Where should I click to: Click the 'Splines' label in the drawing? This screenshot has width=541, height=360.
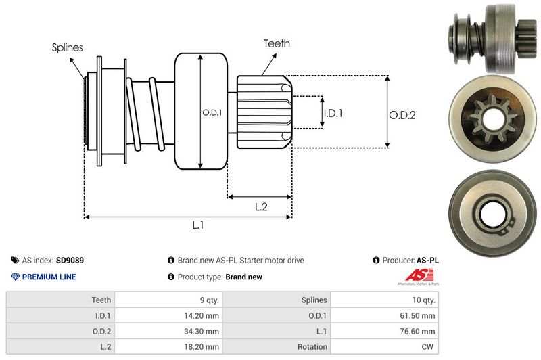[68, 47]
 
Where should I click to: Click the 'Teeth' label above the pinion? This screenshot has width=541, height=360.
[277, 43]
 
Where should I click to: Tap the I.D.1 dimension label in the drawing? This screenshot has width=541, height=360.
[333, 113]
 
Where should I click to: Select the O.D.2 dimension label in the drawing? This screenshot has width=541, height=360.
[402, 115]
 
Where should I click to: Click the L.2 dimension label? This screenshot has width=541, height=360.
[261, 207]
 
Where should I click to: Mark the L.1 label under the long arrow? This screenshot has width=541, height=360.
[198, 225]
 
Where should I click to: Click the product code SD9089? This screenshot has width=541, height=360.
[70, 260]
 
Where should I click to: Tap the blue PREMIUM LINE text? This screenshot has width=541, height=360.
[49, 277]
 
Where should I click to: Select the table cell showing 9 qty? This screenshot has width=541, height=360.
[206, 300]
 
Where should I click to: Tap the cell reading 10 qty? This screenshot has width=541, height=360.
[424, 300]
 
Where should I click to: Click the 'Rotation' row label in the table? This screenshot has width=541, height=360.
[312, 346]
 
